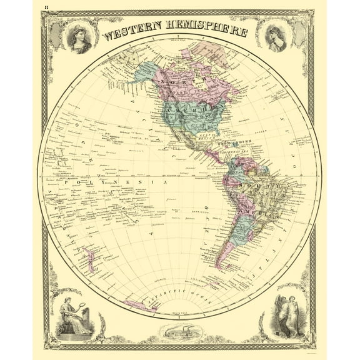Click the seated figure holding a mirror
72,314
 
